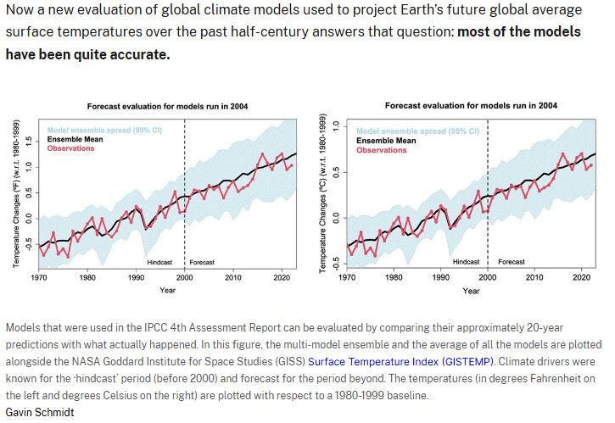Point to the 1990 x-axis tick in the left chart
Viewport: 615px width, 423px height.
click(x=136, y=277)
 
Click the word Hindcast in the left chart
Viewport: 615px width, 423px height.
click(x=165, y=262)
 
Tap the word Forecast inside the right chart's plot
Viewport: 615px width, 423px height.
click(x=511, y=262)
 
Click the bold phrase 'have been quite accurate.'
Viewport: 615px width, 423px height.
click(x=87, y=53)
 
